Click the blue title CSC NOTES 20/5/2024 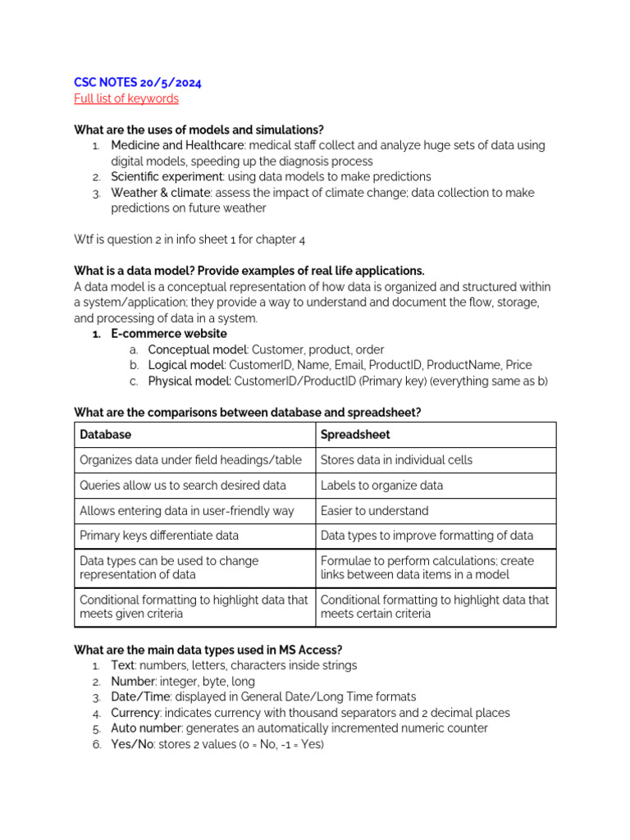coord(138,83)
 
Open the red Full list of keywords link coord(126,98)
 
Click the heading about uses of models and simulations coord(199,130)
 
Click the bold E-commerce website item coord(169,334)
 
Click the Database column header coord(105,435)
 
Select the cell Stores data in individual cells coord(396,460)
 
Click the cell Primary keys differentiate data coord(159,536)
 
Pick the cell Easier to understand coord(374,511)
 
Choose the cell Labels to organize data coord(381,486)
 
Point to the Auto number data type coord(147,728)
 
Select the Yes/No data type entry coord(132,744)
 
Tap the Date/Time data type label coord(139,697)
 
